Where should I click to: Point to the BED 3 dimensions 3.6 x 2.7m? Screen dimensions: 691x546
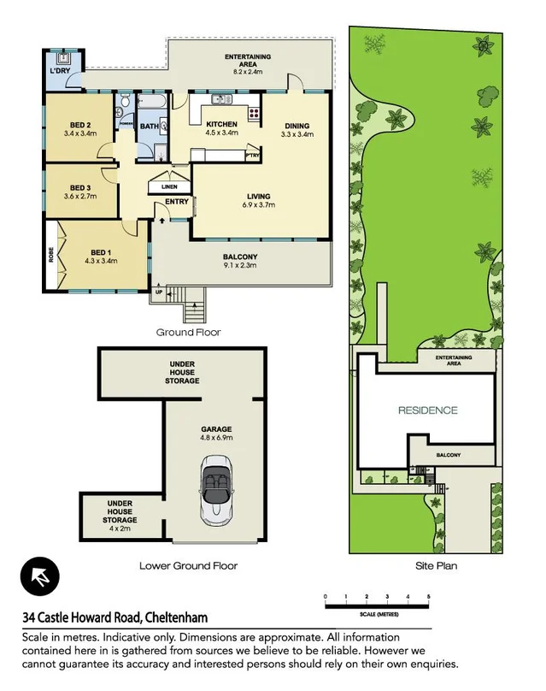tap(80, 197)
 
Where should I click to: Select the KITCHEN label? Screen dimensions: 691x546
tap(222, 125)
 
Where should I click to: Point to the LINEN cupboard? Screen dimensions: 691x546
tap(170, 186)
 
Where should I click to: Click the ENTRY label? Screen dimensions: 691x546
tap(177, 202)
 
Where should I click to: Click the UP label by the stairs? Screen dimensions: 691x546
tap(159, 293)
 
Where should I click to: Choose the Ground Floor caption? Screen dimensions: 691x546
tap(188, 331)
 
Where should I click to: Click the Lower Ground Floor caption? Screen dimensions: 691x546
tap(188, 565)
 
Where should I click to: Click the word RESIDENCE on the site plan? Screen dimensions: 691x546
tap(427, 410)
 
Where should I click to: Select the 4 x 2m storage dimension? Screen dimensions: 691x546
tap(120, 528)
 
